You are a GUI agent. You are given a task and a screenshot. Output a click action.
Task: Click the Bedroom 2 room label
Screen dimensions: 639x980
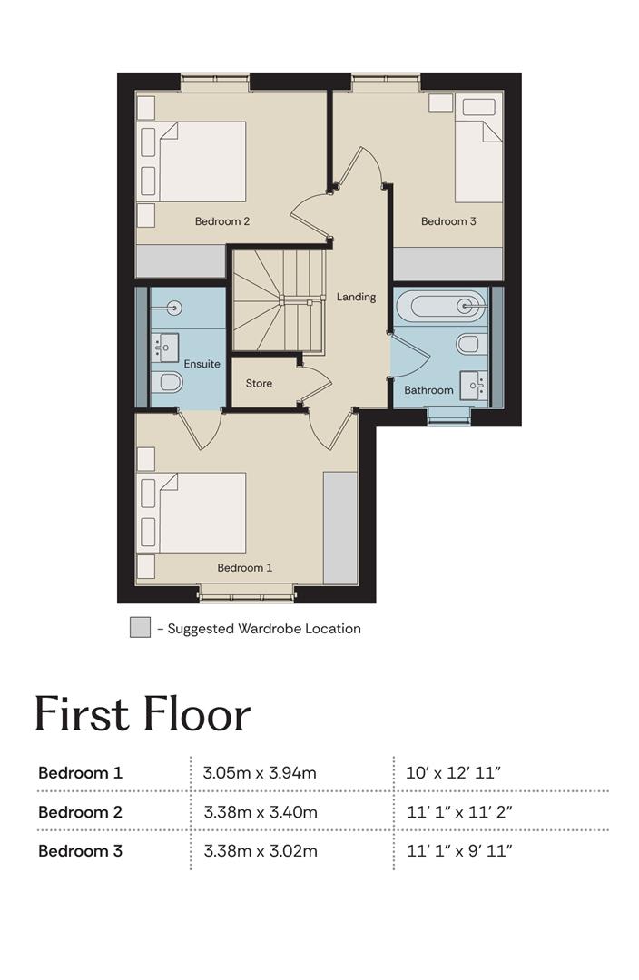[x=222, y=221]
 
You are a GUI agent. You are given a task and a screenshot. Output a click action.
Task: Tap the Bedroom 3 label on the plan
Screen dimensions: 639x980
[x=448, y=221]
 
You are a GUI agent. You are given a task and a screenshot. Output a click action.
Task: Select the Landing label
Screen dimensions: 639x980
[x=357, y=297]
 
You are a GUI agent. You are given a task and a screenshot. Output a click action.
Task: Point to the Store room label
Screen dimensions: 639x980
[x=259, y=383]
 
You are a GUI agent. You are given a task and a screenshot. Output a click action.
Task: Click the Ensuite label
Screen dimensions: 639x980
[x=202, y=364]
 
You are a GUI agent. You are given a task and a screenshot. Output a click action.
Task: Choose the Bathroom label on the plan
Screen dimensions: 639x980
[x=429, y=390]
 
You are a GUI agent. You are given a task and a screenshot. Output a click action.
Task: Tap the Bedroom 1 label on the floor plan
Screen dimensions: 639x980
[x=244, y=567]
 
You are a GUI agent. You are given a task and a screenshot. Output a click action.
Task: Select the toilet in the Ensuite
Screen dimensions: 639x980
[x=166, y=382]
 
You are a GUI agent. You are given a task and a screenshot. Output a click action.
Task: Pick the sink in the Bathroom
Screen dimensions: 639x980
[x=473, y=385]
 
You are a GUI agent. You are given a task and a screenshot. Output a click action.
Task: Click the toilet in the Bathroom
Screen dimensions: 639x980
[x=472, y=344]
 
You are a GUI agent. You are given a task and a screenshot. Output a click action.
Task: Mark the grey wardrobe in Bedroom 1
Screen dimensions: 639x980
[x=340, y=528]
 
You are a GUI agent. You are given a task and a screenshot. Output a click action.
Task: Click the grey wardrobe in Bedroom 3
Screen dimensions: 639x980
[x=448, y=264]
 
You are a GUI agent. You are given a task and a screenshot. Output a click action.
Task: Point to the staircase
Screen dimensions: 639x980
[x=280, y=300]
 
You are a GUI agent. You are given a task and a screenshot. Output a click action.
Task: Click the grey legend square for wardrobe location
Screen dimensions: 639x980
[x=140, y=628]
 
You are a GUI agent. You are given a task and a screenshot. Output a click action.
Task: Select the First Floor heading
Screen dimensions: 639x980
[x=143, y=713]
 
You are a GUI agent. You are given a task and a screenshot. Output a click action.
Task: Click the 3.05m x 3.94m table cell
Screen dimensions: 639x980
[x=260, y=773]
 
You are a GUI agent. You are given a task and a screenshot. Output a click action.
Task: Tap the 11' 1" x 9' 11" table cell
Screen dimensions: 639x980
[x=459, y=850]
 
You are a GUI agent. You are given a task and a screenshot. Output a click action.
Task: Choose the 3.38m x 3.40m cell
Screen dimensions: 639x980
[x=261, y=812]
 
